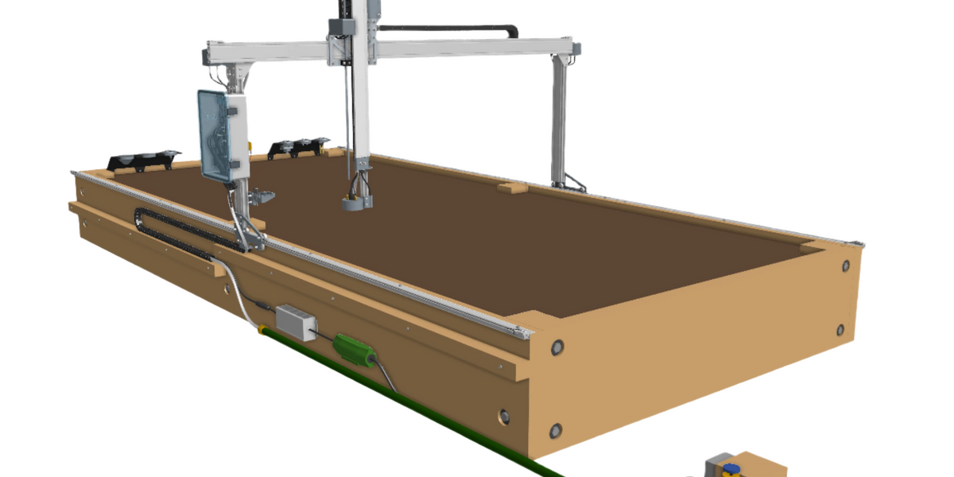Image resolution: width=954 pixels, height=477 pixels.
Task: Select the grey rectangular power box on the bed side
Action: point(295,322)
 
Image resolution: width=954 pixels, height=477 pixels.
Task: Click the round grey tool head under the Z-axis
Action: point(357,203)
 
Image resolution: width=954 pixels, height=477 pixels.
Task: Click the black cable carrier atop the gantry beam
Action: point(445,29)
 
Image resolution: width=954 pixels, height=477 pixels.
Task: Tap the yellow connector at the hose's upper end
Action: point(263,327)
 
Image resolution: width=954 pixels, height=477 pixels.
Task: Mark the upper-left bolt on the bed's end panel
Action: point(556,347)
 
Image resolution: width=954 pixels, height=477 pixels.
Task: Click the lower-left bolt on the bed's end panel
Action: point(555,431)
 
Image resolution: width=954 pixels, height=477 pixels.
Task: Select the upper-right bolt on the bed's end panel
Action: point(844,267)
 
